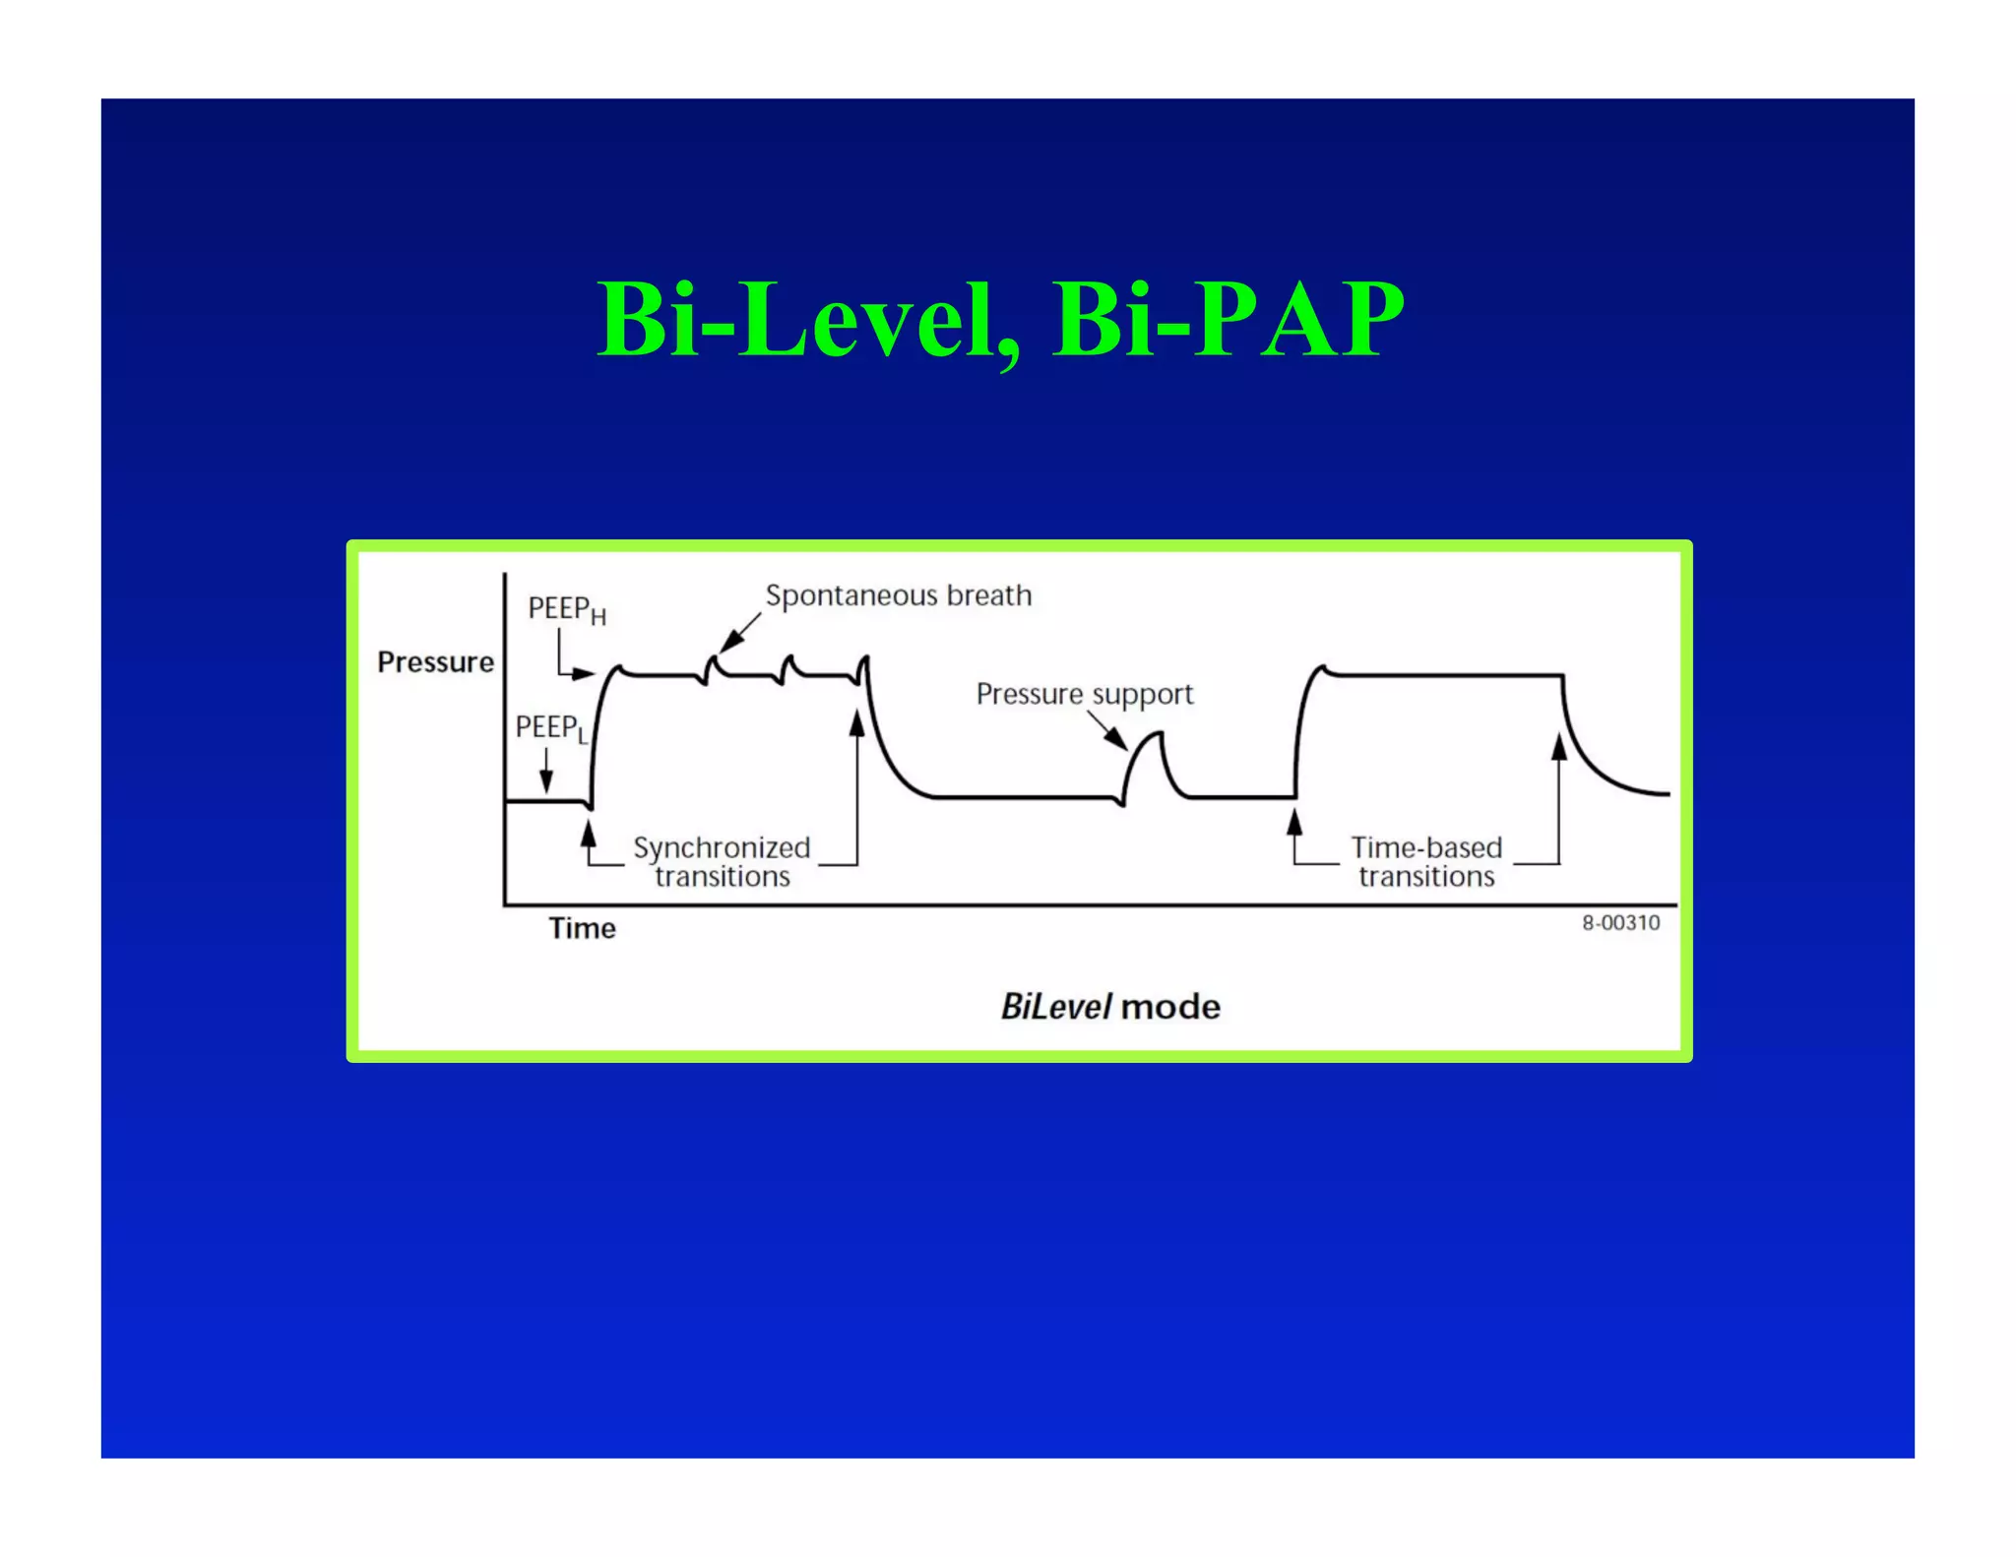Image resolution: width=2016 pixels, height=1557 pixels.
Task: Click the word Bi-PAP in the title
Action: click(1228, 320)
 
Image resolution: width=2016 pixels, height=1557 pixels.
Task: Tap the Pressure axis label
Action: click(435, 662)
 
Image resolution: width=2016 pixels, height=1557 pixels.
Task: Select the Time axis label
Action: click(582, 928)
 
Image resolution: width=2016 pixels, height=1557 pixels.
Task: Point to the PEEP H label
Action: click(566, 610)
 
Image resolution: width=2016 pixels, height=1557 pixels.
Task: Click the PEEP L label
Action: click(550, 728)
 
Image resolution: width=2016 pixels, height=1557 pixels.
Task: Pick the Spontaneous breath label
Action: click(898, 595)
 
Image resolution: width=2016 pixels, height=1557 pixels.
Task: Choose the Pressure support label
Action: click(1084, 694)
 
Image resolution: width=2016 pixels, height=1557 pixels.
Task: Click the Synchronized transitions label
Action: click(722, 861)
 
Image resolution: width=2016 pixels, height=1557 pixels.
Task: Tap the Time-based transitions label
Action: click(1426, 861)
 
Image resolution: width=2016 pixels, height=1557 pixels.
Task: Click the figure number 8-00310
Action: click(1620, 923)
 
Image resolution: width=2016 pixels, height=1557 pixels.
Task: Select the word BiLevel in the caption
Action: click(1055, 1007)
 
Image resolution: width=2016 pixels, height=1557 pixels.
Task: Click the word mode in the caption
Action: click(1170, 1007)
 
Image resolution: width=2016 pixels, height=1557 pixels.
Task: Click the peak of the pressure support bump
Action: click(1159, 734)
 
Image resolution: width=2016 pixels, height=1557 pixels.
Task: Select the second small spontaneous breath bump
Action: click(788, 662)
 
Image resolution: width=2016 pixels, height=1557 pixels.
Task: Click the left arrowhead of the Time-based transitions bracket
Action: click(1294, 821)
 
